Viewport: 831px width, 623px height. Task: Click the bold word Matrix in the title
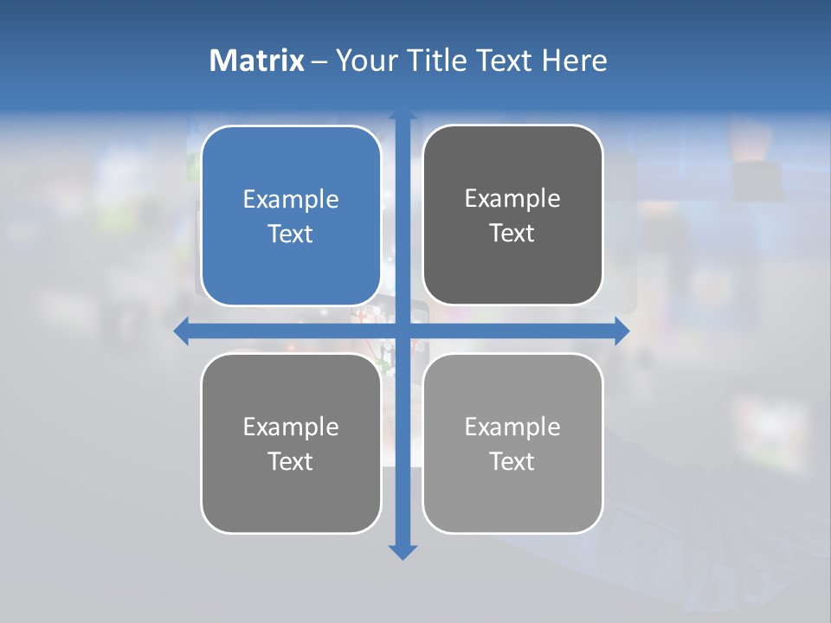point(256,61)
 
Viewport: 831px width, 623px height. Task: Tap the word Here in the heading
point(574,61)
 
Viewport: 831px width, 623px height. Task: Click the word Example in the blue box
point(291,200)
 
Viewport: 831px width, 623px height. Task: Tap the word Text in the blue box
point(291,234)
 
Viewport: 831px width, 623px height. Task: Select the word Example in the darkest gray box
point(512,199)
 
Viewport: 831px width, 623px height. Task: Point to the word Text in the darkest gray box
point(512,234)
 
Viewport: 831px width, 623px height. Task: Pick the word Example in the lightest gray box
point(512,427)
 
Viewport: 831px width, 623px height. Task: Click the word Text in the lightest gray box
point(512,461)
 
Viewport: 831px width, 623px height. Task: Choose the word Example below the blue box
point(291,427)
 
